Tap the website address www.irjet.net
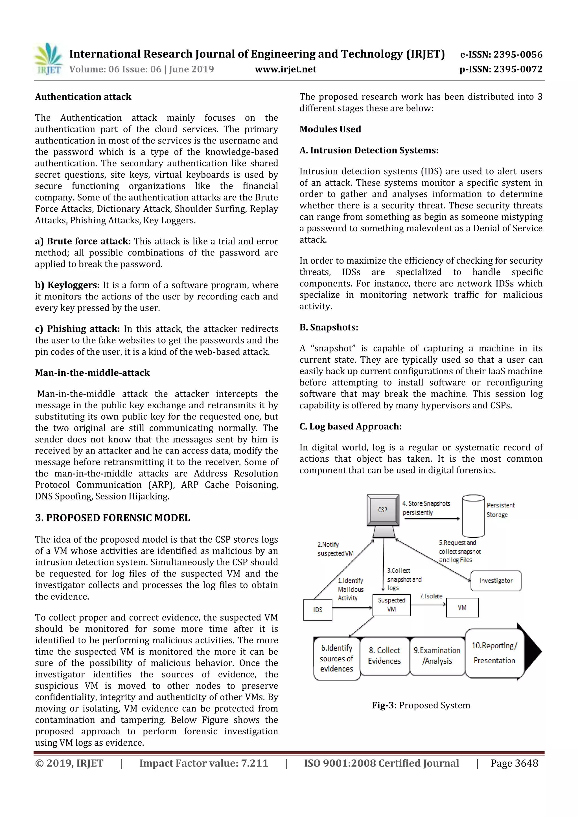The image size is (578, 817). coord(285,69)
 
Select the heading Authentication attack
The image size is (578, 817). coord(83,97)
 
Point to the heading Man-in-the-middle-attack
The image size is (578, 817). coord(92,373)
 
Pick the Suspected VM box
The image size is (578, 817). coord(391,605)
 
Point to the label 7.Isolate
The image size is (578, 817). coord(431,596)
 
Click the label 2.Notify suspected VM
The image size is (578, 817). coord(335,549)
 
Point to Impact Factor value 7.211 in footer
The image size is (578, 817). coord(203,763)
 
